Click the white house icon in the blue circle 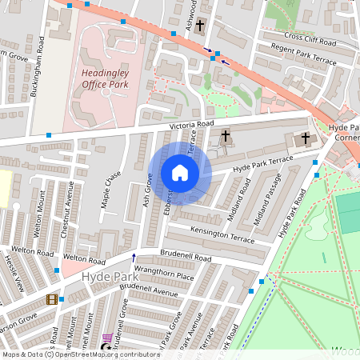[179, 173]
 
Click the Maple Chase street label [111, 189]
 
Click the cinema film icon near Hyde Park [52, 299]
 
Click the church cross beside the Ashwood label [200, 26]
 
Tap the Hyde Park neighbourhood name [104, 276]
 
